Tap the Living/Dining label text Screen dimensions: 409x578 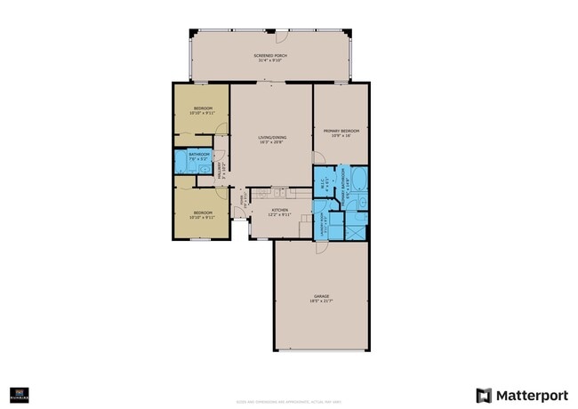[272, 137]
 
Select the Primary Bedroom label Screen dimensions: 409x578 [341, 131]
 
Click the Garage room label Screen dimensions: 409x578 [321, 296]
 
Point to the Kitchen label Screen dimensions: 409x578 [280, 210]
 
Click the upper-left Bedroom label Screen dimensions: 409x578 [202, 108]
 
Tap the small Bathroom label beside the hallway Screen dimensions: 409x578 [198, 155]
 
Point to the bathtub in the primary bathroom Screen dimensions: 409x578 [357, 182]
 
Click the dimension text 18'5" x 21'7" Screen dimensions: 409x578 [321, 301]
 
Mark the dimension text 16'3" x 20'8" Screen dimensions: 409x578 [272, 142]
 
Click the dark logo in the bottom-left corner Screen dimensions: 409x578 [16, 392]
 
